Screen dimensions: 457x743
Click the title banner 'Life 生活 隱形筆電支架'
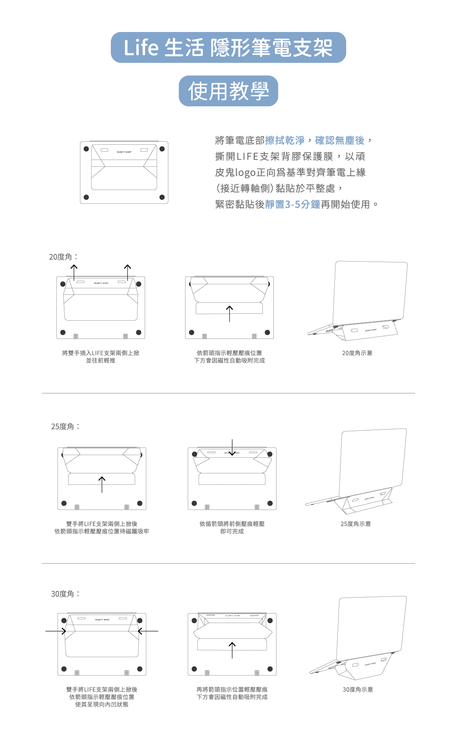coord(228,48)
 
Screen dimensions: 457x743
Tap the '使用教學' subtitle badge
coord(228,91)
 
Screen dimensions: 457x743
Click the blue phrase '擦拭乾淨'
coord(284,141)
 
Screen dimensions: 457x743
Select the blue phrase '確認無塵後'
coord(340,141)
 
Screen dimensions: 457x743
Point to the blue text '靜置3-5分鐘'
coord(292,205)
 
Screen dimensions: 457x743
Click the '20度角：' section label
coord(63,257)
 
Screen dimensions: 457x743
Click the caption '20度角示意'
coord(357,353)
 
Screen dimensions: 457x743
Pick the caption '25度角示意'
coord(356,524)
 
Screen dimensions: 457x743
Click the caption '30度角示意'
coord(358,689)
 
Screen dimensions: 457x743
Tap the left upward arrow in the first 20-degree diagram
coord(74,272)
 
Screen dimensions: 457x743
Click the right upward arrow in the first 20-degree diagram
coord(128,272)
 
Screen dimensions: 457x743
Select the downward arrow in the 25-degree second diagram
coord(232,447)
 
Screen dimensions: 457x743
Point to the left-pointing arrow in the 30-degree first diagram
coord(148,631)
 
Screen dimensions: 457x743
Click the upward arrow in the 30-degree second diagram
coord(232,650)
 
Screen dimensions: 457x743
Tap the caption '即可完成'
coord(232,531)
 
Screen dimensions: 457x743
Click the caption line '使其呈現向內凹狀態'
coord(102,704)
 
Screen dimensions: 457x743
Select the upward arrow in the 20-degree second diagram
coord(229,313)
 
